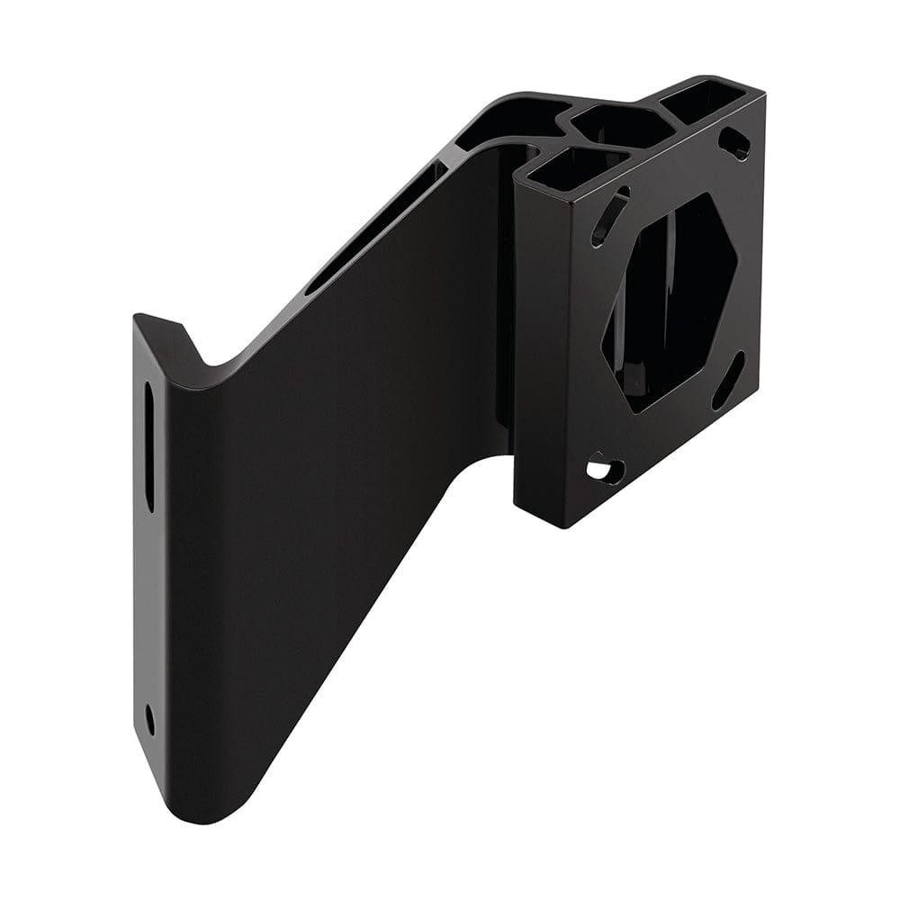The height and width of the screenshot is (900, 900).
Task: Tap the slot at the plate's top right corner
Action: coord(736,143)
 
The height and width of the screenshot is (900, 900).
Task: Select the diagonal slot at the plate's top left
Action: coord(611,216)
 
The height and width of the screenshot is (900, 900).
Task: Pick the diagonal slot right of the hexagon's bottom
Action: coord(728,380)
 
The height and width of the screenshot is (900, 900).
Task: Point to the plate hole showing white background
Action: coord(605,469)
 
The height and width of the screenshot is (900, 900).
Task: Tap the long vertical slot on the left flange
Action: coord(149,445)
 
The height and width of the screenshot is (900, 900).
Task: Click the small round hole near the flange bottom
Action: coord(149,718)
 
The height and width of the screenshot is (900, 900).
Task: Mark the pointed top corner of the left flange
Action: coord(140,317)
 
